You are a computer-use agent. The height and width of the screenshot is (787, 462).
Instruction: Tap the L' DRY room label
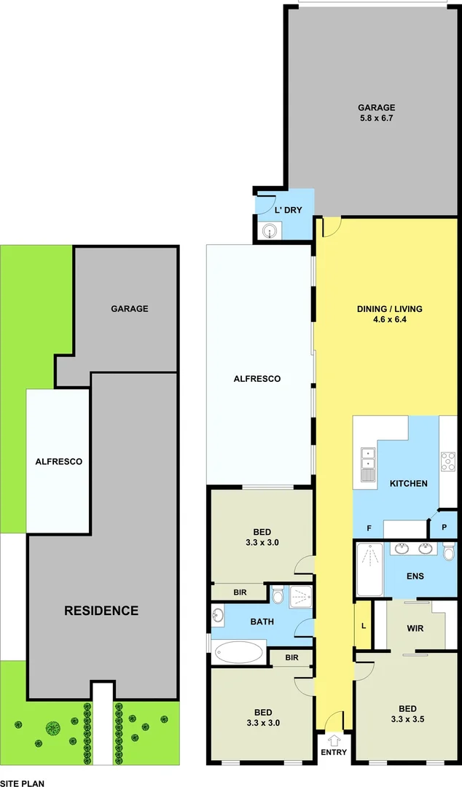[288, 210]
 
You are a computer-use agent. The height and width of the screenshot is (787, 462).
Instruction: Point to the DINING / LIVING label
[389, 308]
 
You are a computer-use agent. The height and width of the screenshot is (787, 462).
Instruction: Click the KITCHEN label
[408, 483]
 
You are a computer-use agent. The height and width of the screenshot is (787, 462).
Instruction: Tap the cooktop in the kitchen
[447, 462]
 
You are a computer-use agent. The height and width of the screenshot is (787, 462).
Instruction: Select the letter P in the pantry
[444, 528]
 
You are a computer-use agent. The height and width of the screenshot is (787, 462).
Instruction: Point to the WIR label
[415, 628]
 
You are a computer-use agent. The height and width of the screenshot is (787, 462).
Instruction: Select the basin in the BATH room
[218, 615]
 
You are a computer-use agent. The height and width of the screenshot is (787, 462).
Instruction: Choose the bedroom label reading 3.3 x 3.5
[407, 718]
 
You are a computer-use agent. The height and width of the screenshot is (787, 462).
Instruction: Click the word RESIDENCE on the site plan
[101, 611]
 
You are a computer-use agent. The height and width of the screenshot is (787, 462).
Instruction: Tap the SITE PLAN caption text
[23, 783]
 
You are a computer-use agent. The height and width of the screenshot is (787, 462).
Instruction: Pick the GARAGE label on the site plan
[129, 308]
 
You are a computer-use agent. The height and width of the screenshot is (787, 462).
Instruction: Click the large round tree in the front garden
[52, 727]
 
